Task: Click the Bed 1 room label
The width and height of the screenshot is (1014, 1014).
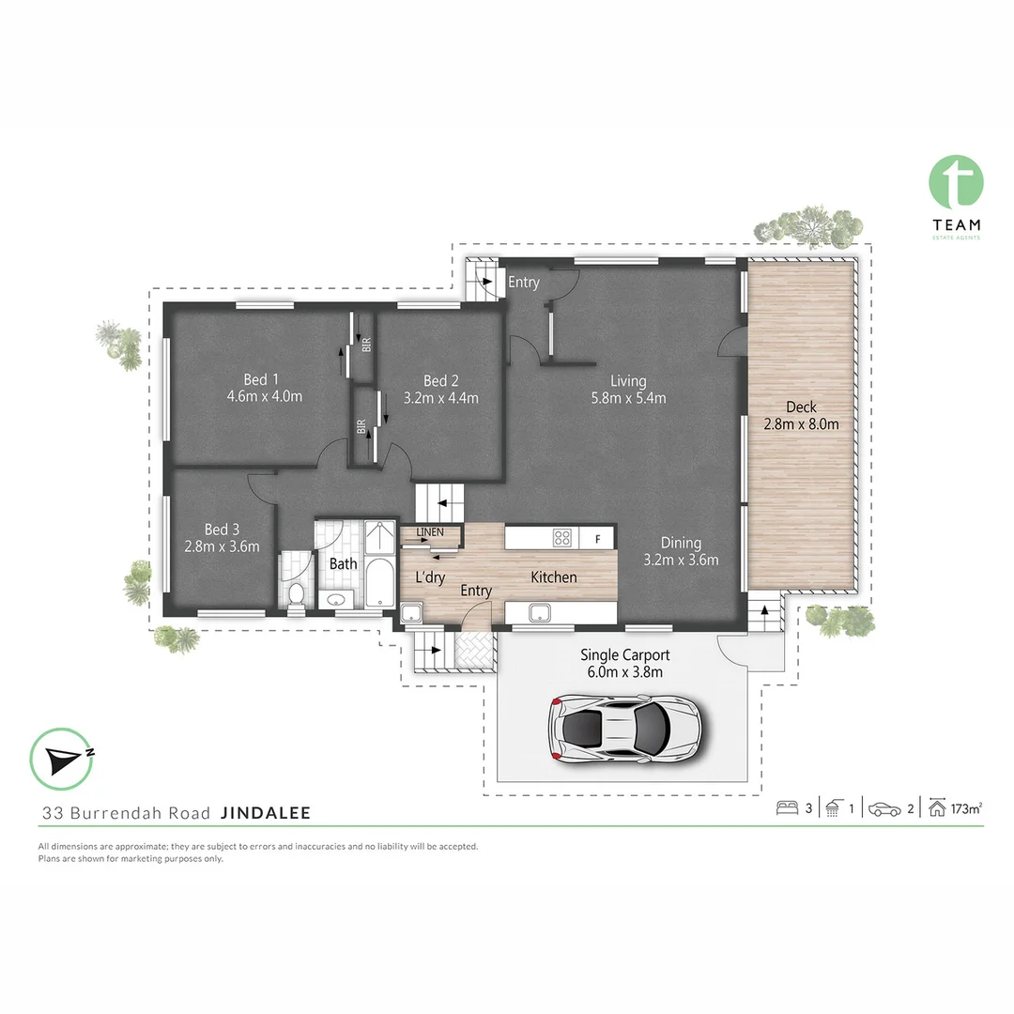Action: tap(261, 379)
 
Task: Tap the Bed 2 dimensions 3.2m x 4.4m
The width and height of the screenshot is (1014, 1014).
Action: tap(440, 397)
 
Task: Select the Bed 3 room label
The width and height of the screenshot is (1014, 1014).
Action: tap(222, 530)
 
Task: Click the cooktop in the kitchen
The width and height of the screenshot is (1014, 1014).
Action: tap(562, 538)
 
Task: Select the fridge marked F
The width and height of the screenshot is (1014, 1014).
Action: tap(597, 538)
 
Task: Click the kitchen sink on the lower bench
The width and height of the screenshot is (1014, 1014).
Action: tap(540, 613)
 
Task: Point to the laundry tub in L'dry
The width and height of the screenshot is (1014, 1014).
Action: tap(410, 615)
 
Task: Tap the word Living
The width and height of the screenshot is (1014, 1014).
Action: tap(628, 381)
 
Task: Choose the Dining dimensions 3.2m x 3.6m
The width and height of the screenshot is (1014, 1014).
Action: tap(681, 561)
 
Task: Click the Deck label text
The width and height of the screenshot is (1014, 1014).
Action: tap(801, 407)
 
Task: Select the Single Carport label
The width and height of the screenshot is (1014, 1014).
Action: tap(625, 655)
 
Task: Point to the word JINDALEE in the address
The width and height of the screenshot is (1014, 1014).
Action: tap(266, 813)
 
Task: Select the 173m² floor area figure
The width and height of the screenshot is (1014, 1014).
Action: tap(966, 808)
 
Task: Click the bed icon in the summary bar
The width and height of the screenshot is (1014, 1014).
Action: tap(786, 808)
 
